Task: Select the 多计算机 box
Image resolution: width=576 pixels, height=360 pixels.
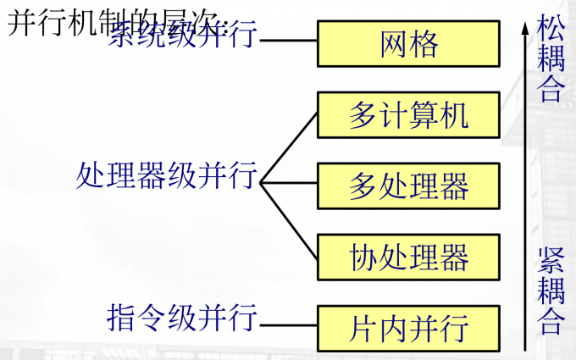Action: (x=409, y=115)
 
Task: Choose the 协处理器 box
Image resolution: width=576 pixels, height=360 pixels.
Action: (x=409, y=255)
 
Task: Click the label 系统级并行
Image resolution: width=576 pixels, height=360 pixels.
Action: (x=182, y=37)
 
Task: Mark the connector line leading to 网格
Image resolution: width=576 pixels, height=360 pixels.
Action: (x=288, y=40)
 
